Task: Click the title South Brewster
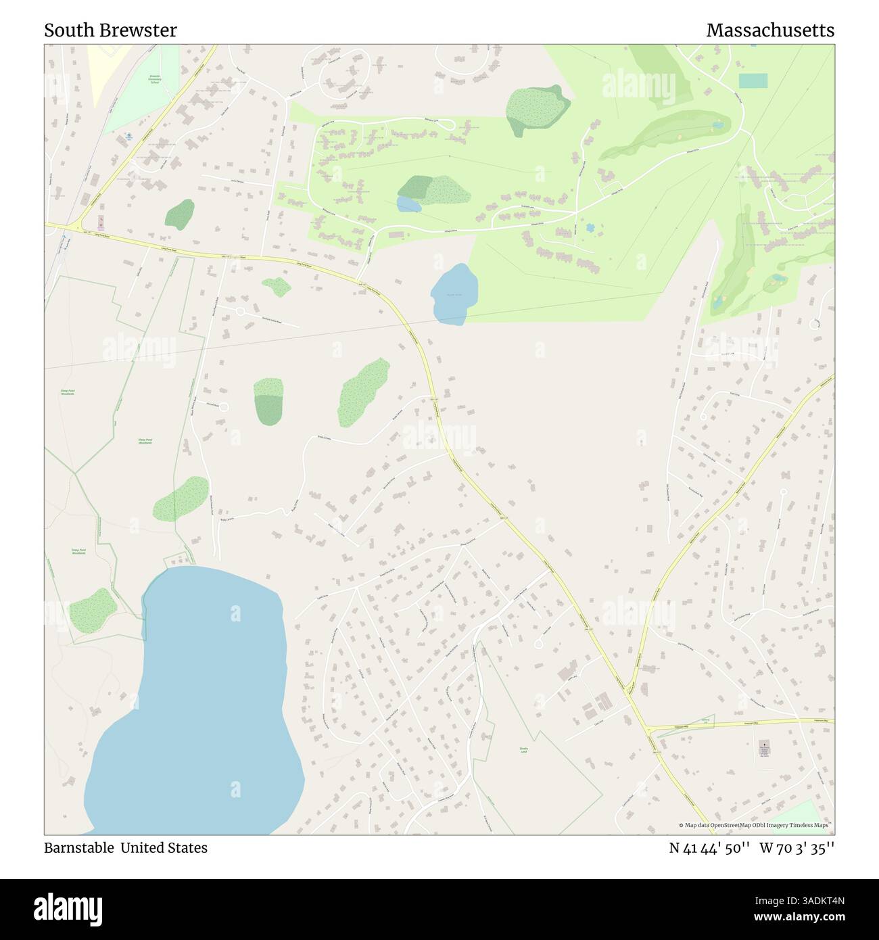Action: click(x=110, y=30)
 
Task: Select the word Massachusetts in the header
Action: click(x=769, y=30)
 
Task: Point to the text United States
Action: click(x=164, y=847)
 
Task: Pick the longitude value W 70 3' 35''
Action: click(x=797, y=847)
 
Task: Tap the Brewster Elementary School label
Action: click(x=154, y=79)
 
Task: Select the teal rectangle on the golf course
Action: click(x=753, y=81)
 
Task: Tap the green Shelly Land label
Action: click(x=523, y=750)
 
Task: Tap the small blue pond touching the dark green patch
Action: click(x=408, y=204)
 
